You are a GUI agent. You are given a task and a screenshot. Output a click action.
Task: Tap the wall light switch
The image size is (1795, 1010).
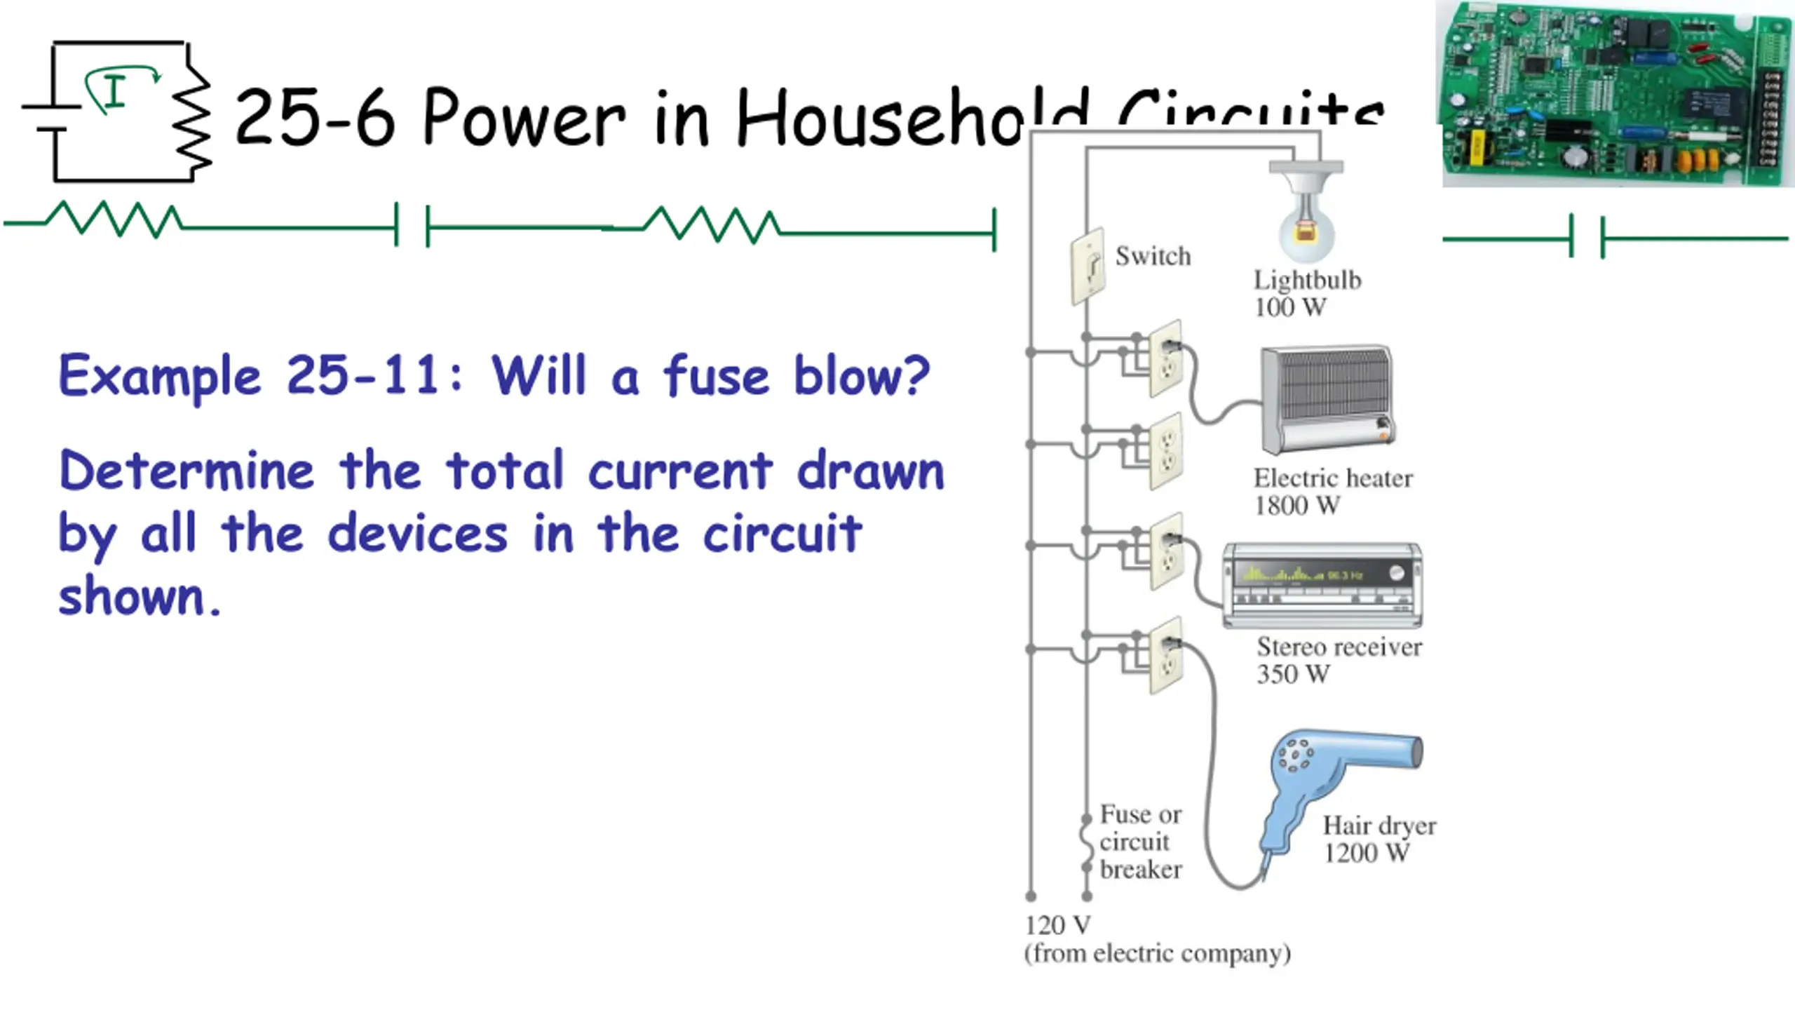tap(1088, 267)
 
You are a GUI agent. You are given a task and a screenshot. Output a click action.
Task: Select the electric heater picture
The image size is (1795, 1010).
tap(1327, 400)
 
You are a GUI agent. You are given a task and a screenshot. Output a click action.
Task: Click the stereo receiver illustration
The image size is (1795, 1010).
tap(1322, 585)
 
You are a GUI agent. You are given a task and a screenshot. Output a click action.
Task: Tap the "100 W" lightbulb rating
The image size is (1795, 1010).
tap(1290, 307)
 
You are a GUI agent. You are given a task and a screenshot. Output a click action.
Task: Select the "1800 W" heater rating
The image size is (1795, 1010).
tap(1297, 506)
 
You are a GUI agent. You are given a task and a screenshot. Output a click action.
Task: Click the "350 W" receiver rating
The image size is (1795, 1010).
tap(1293, 674)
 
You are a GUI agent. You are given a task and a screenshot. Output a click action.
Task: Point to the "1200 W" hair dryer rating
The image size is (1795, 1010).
tap(1366, 854)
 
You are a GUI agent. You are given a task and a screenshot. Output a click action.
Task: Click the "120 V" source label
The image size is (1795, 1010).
tap(1057, 926)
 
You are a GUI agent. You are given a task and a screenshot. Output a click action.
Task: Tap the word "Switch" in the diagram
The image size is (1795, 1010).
tap(1153, 256)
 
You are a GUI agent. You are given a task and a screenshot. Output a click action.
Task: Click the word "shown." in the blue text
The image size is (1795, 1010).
tap(139, 596)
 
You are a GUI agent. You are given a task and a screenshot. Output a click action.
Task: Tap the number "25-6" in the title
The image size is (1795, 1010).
tap(316, 117)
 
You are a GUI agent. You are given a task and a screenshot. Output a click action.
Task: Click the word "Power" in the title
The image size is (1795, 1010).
tap(523, 117)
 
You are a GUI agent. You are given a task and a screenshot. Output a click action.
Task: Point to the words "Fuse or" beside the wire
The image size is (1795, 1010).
tap(1141, 814)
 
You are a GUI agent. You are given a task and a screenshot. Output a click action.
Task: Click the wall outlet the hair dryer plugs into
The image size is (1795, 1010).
tap(1166, 655)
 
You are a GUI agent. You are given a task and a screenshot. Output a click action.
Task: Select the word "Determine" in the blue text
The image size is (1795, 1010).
tap(187, 471)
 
